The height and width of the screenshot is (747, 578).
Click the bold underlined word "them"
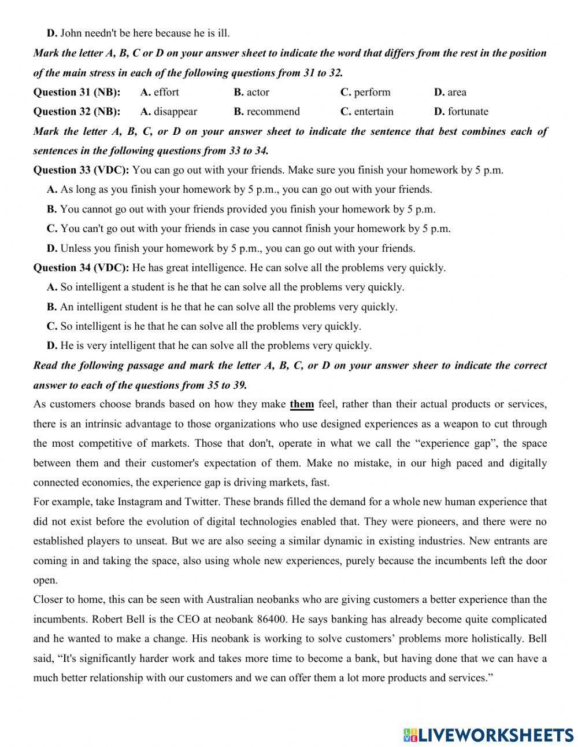click(x=302, y=404)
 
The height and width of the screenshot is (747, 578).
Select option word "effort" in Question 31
click(x=166, y=92)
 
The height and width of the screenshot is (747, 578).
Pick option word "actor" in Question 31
click(x=258, y=92)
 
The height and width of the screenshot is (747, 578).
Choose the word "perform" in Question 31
click(x=372, y=92)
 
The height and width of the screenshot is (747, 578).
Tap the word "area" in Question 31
click(x=457, y=92)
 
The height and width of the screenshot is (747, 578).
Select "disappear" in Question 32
click(x=175, y=112)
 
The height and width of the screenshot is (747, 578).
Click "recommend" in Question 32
click(x=273, y=112)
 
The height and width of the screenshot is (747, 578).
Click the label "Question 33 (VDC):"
click(x=81, y=170)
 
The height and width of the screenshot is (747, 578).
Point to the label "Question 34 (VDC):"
click(x=81, y=268)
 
